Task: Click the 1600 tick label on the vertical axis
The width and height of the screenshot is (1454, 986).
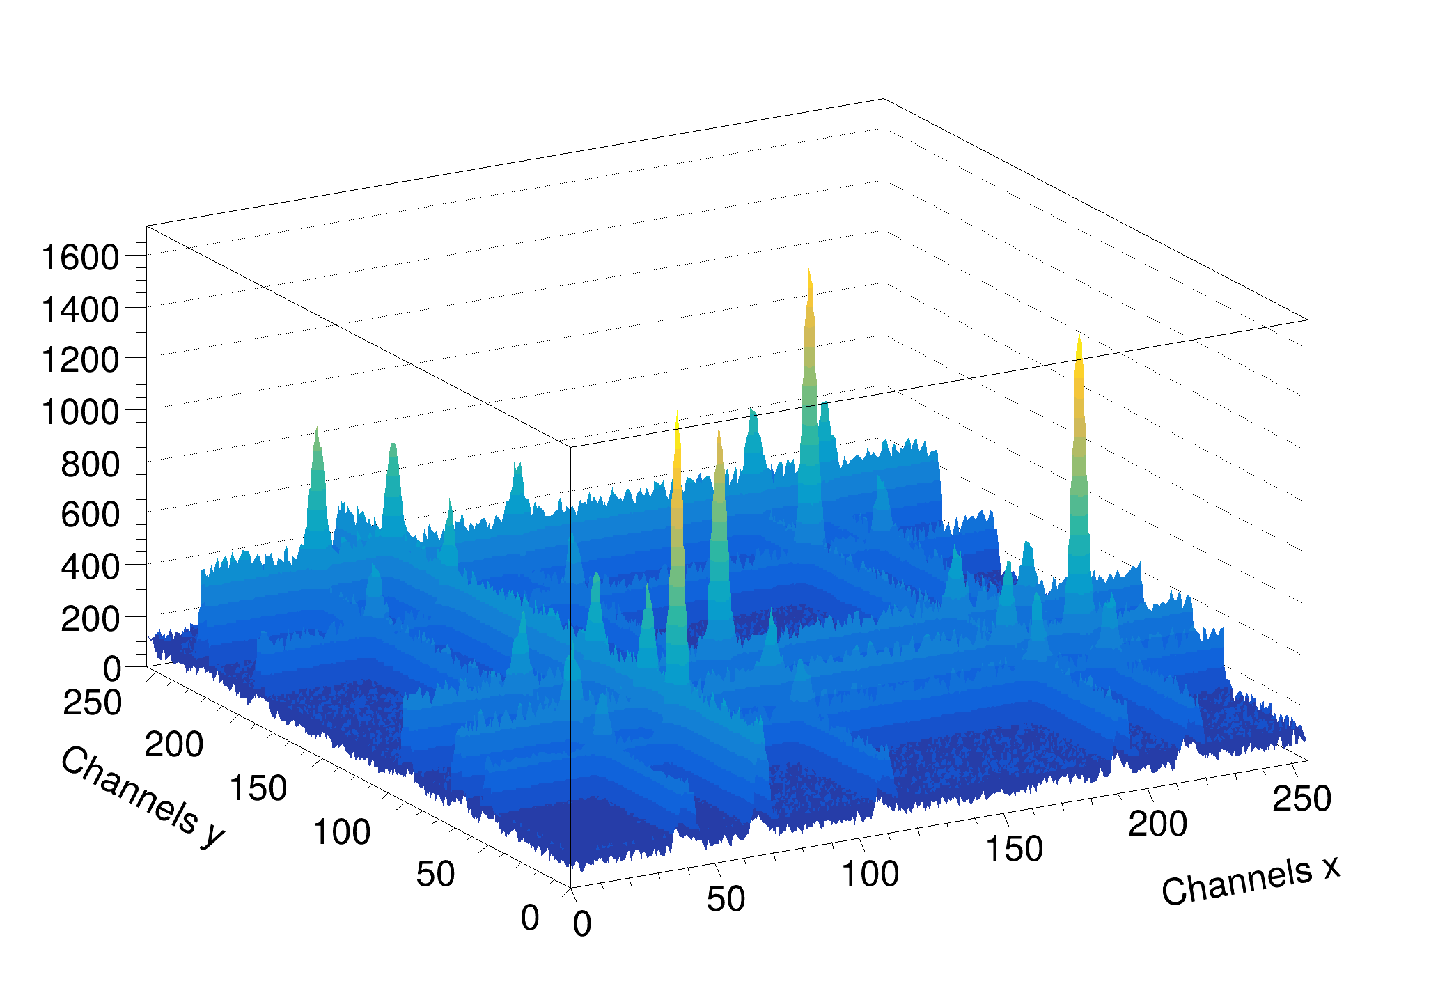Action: coord(80,258)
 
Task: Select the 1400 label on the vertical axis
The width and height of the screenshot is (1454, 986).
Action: coord(80,310)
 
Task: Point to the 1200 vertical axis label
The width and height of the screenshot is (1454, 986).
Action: coord(80,361)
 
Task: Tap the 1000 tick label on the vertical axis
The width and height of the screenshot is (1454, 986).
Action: coord(80,412)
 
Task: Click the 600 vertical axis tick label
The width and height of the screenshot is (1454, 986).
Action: coord(90,516)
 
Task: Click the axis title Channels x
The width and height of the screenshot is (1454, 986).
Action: coord(1250,882)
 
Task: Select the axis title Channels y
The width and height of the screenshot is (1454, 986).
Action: coord(143,798)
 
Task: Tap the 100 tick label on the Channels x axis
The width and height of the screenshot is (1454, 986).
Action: coord(870,874)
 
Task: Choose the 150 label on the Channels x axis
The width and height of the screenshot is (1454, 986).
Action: coord(1014,849)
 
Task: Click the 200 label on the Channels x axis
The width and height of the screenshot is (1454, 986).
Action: coord(1157,824)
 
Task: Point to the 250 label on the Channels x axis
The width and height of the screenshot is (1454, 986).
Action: coord(1301,799)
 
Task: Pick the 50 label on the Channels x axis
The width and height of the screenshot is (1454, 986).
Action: coord(726,899)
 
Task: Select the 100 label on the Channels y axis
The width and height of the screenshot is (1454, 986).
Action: coord(341,832)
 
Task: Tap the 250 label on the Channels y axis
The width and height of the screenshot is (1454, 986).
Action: coord(92,703)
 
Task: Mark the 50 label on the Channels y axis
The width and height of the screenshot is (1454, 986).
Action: coord(435,874)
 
